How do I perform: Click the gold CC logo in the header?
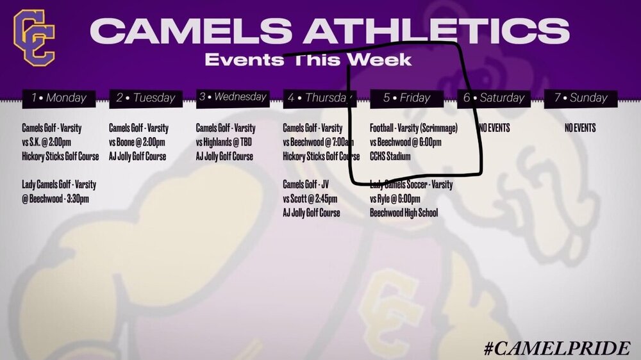[x=35, y=38]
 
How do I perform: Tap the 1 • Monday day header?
[x=59, y=99]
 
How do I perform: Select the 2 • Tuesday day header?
[x=146, y=99]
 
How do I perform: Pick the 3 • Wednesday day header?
[x=233, y=97]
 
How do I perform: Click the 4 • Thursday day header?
[x=320, y=99]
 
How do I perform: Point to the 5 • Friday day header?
[x=407, y=99]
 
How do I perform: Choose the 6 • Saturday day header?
[x=494, y=99]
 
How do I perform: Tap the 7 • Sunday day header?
[x=581, y=99]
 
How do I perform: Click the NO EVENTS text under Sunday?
[x=580, y=128]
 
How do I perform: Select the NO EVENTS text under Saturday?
[x=494, y=128]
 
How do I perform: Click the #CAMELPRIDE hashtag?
[x=556, y=348]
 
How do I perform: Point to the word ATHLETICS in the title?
[x=436, y=31]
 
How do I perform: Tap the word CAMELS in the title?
[x=191, y=31]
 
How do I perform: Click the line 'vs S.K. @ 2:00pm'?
[x=47, y=142]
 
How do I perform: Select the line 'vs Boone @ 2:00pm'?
[x=137, y=142]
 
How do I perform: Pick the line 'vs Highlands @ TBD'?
[x=224, y=142]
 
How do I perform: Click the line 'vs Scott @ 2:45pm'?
[x=310, y=199]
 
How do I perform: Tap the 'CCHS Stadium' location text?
[x=390, y=156]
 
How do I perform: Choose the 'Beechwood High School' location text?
[x=404, y=213]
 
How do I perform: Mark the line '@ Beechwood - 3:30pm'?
[x=56, y=199]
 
